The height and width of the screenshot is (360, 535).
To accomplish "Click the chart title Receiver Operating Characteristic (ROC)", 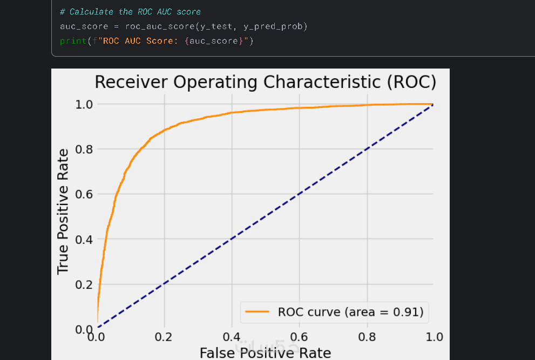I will tap(265, 83).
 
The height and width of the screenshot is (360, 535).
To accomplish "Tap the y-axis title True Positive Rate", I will tap(63, 211).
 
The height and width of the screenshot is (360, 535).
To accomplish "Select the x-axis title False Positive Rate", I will tap(265, 353).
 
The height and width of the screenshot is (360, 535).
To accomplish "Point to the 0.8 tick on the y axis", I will tap(84, 149).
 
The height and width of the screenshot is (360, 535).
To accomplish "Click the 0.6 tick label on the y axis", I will tap(84, 194).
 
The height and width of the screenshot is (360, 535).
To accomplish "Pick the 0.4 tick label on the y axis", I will tap(84, 239).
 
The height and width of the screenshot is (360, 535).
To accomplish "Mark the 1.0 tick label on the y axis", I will tap(84, 104).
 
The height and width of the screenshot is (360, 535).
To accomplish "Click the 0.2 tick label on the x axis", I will tap(164, 337).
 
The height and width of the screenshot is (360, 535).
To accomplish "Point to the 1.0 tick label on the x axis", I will tap(434, 337).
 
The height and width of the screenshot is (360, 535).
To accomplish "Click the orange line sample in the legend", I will tap(258, 311).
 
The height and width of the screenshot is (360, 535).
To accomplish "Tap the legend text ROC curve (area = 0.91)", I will tap(350, 311).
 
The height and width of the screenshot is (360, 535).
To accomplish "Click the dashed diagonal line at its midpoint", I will tap(265, 216).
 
